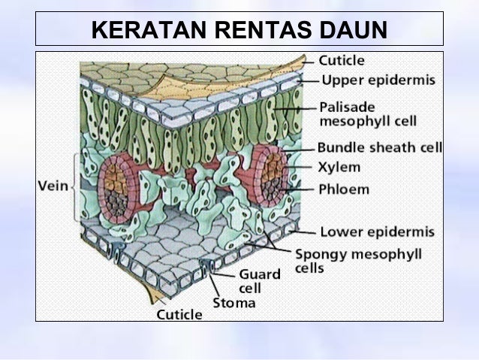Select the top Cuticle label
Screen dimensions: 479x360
coord(342,60)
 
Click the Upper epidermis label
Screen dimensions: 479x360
coord(378,80)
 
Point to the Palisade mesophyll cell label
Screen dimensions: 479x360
coord(367,113)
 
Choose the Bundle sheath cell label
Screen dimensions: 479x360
coord(379,147)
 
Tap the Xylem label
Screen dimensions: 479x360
coord(339,167)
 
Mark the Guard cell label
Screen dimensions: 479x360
coord(259,280)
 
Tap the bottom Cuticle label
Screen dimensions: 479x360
coord(179,315)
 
